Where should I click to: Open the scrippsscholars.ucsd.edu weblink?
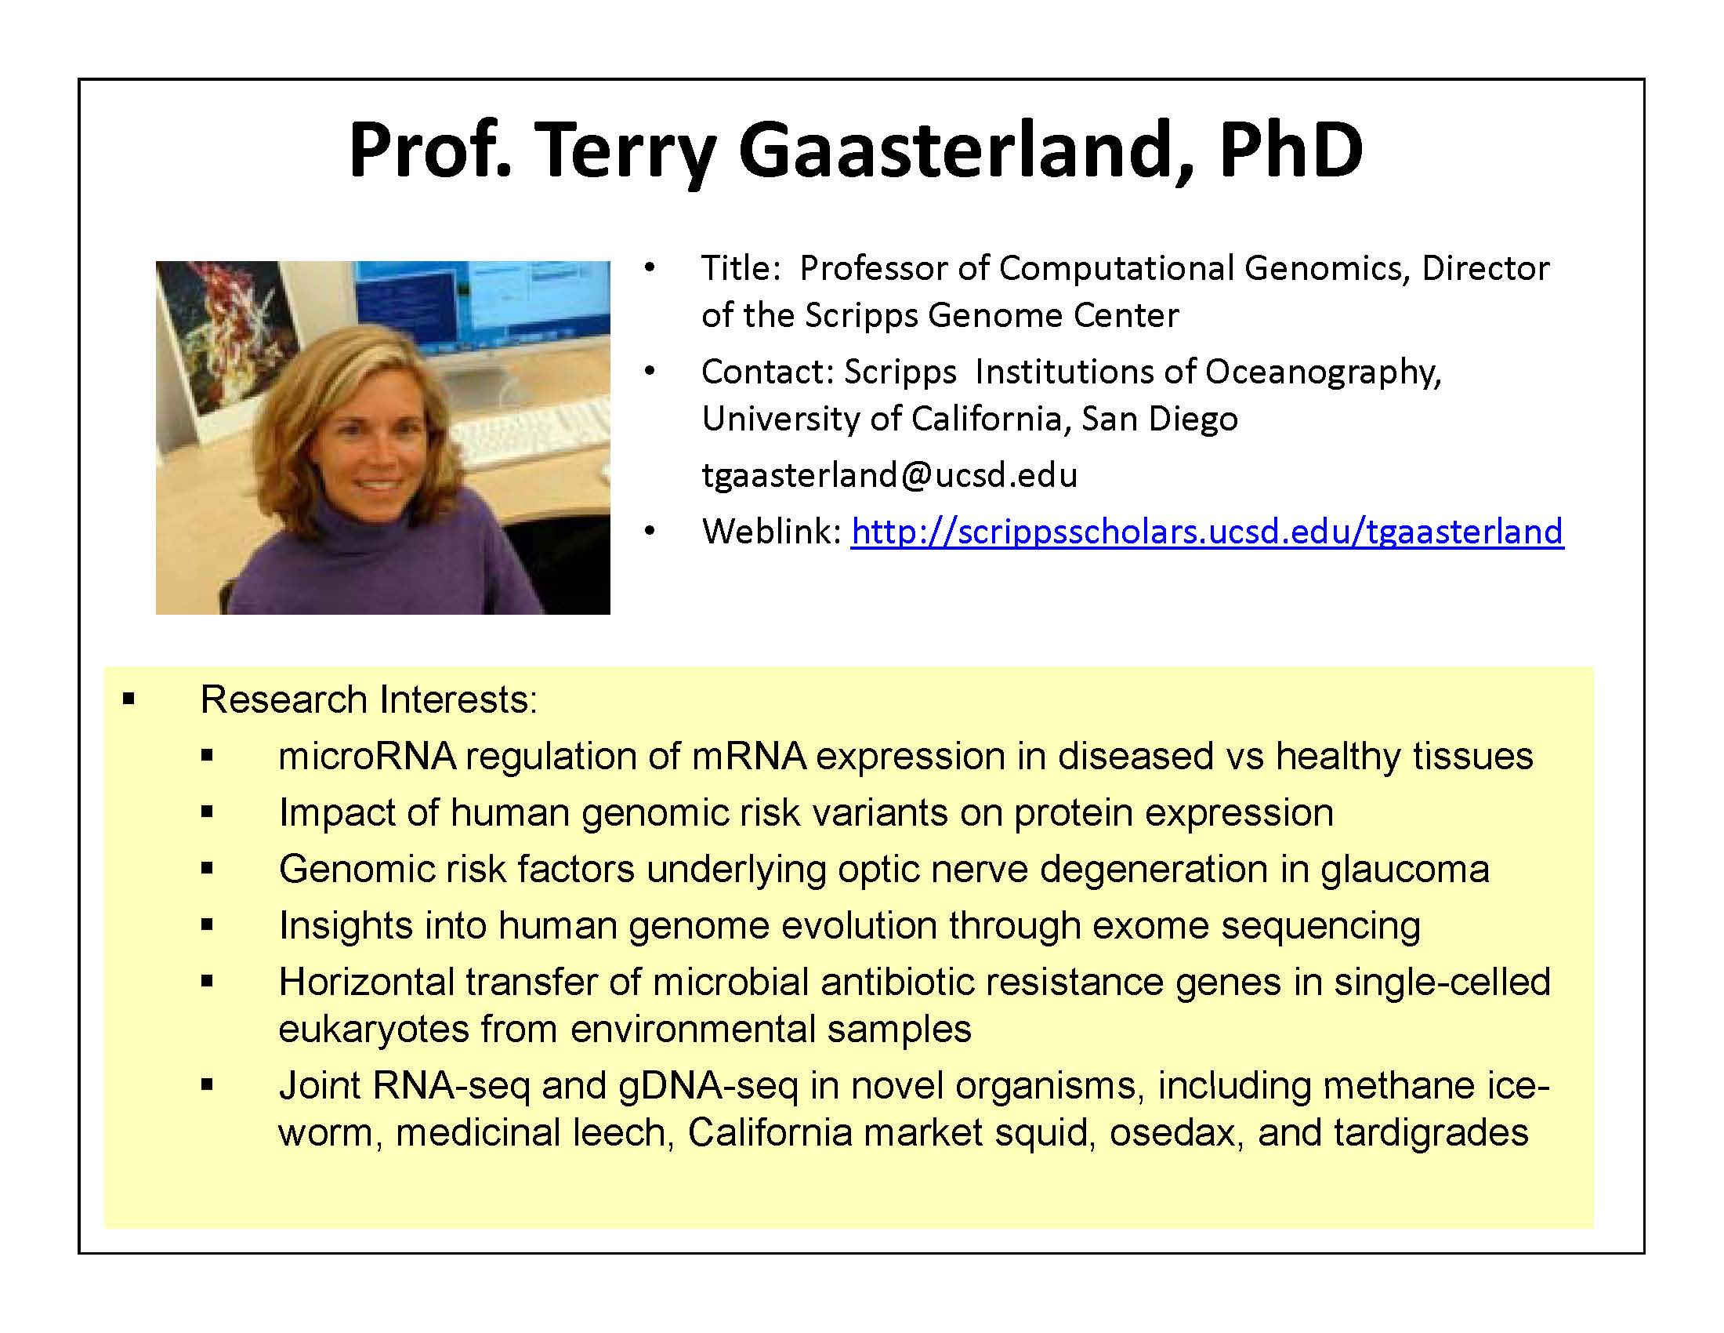(1207, 532)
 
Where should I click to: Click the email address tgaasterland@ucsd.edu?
(889, 475)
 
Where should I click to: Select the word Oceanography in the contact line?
(1324, 372)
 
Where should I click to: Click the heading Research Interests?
(368, 699)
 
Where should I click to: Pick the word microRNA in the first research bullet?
(368, 757)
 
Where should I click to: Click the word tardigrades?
(1431, 1133)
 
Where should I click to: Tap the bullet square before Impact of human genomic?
(208, 812)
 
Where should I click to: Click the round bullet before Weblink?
(650, 532)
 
